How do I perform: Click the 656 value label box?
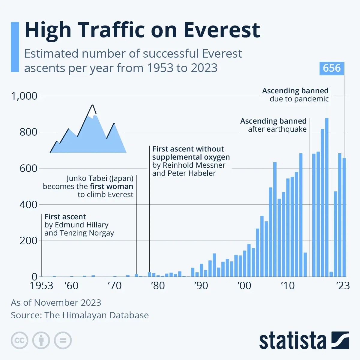tap(331, 68)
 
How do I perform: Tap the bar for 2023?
tap(344, 217)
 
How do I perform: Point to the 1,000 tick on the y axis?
tap(24, 96)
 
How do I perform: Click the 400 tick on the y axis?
tap(28, 205)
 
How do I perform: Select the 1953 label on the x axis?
tap(41, 286)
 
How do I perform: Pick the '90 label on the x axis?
tap(201, 286)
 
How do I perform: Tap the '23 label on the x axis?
tap(343, 286)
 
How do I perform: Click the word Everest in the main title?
tap(222, 30)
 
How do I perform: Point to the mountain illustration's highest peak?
tap(92, 106)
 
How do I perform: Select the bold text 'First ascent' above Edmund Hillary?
tap(65, 217)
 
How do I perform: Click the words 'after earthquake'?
tap(277, 129)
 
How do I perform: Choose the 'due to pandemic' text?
tap(299, 99)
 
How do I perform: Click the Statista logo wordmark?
tap(292, 341)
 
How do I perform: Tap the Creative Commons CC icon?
tap(19, 340)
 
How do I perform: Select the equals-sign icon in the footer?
tap(63, 340)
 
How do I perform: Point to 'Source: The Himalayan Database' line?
tap(80, 315)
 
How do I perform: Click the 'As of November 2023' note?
tap(56, 302)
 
